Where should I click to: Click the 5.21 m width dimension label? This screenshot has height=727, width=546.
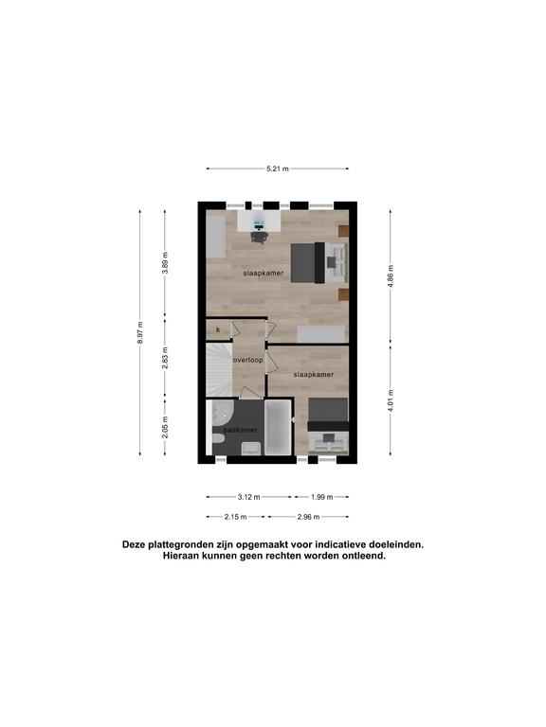277,168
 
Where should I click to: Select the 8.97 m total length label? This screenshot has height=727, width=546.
140,332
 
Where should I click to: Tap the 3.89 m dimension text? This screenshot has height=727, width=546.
165,263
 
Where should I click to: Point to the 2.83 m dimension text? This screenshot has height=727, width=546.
165,359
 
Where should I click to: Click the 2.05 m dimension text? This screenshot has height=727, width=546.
165,427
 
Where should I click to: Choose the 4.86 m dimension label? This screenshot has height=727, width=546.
391,276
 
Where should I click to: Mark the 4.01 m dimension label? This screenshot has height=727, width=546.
391,400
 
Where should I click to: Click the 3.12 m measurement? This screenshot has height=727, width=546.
249,497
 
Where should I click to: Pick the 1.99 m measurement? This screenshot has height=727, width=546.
321,497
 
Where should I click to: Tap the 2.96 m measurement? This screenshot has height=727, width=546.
308,517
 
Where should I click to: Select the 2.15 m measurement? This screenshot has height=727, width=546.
235,517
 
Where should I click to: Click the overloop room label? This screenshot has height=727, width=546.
248,360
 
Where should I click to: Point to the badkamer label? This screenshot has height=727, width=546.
240,430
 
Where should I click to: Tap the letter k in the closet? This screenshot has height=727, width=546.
218,330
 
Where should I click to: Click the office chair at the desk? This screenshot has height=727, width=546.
259,237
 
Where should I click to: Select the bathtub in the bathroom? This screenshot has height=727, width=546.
278,428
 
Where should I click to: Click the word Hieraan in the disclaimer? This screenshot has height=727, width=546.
180,556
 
